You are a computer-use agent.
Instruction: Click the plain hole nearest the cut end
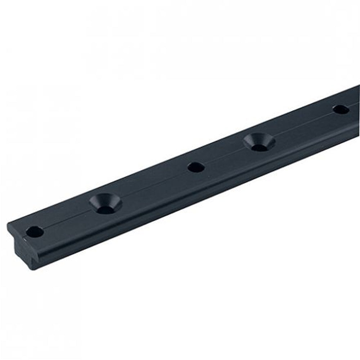(x=35, y=232)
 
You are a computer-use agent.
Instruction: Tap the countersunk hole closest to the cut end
(x=105, y=203)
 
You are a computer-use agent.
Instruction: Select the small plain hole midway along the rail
(x=196, y=167)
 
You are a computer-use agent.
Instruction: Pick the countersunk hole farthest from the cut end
(x=259, y=142)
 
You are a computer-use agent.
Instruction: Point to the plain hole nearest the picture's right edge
(x=341, y=109)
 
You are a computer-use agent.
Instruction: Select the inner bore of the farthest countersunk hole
(x=259, y=147)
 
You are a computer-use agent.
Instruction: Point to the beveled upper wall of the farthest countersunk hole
(x=259, y=138)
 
